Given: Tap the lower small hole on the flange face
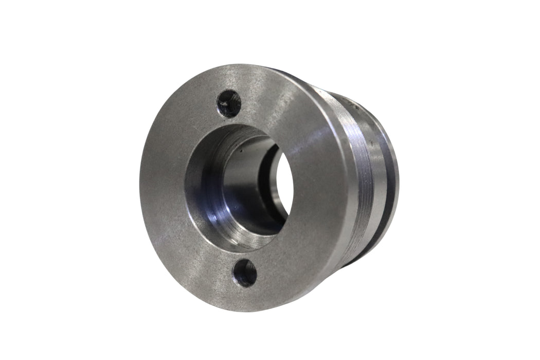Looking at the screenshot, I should coord(245,273).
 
